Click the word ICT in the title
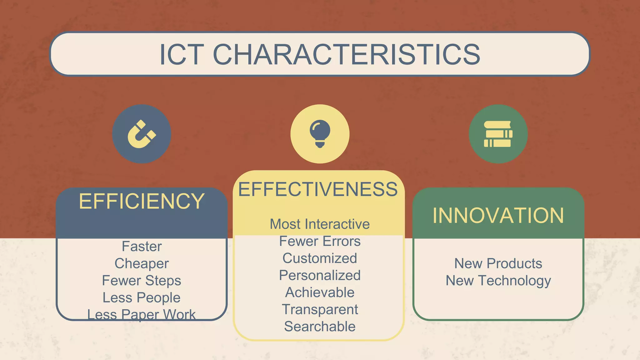tap(182, 55)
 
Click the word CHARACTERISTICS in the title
tap(346, 55)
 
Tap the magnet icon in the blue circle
tap(142, 134)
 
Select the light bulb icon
tap(320, 134)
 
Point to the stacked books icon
tap(498, 134)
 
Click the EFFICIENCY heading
tap(142, 201)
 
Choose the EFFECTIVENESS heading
tap(318, 189)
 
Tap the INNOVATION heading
tap(498, 216)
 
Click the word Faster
tap(142, 247)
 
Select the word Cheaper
tap(142, 263)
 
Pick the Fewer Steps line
tap(142, 281)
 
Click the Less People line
tap(142, 297)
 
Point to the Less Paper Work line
tap(142, 314)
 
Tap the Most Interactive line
tap(320, 224)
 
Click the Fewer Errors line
tap(320, 241)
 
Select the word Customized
tap(320, 258)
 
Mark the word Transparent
tap(320, 309)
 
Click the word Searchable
tap(320, 327)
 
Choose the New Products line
tap(498, 263)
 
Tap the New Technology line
tap(498, 281)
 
